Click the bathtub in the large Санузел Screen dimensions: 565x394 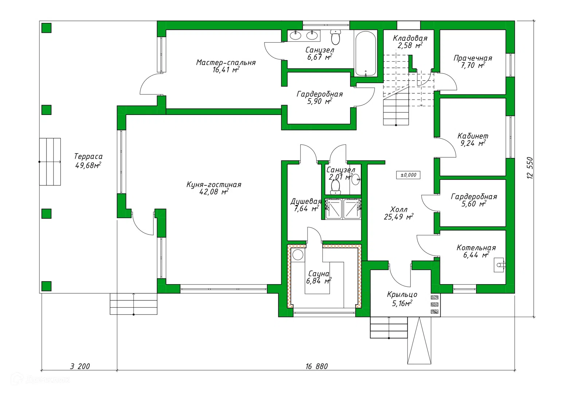pyautogui.click(x=365, y=53)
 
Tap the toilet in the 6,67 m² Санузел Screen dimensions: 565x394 pyautogui.click(x=336, y=37)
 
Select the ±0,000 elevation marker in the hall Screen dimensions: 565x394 pyautogui.click(x=408, y=175)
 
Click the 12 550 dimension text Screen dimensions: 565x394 pyautogui.click(x=530, y=168)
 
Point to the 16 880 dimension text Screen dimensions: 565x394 pyautogui.click(x=317, y=366)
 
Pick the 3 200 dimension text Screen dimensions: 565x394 pyautogui.click(x=80, y=366)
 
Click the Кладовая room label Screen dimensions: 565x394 pyautogui.click(x=410, y=38)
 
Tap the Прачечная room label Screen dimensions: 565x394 pyautogui.click(x=473, y=58)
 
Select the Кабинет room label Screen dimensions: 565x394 pyautogui.click(x=473, y=136)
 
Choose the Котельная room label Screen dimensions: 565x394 pyautogui.click(x=476, y=248)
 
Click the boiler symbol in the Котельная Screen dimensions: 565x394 pyautogui.click(x=499, y=265)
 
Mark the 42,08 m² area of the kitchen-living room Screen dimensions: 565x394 pyautogui.click(x=214, y=192)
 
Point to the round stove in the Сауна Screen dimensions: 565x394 pyautogui.click(x=298, y=255)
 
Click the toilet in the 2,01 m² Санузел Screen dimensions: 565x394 pyautogui.click(x=335, y=187)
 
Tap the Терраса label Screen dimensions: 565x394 pyautogui.click(x=88, y=157)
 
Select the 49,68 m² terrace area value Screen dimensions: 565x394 pyautogui.click(x=88, y=165)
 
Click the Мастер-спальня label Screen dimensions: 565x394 pyautogui.click(x=226, y=62)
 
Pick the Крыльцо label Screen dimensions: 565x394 pyautogui.click(x=402, y=295)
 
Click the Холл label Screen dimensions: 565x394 pyautogui.click(x=399, y=209)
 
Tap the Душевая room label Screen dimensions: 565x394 pyautogui.click(x=306, y=201)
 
